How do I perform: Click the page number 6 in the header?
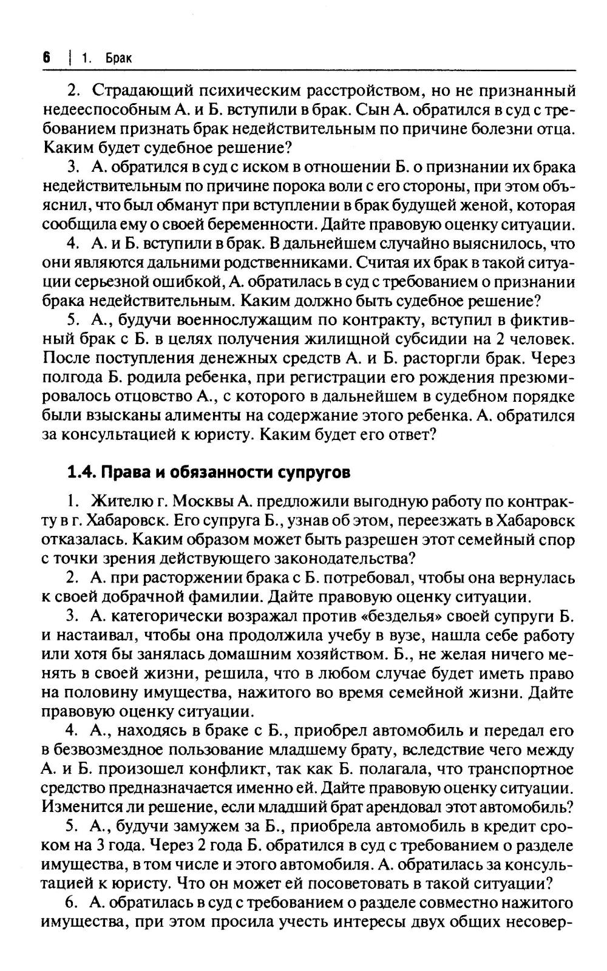coord(46,58)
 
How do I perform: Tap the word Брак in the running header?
coord(119,58)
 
